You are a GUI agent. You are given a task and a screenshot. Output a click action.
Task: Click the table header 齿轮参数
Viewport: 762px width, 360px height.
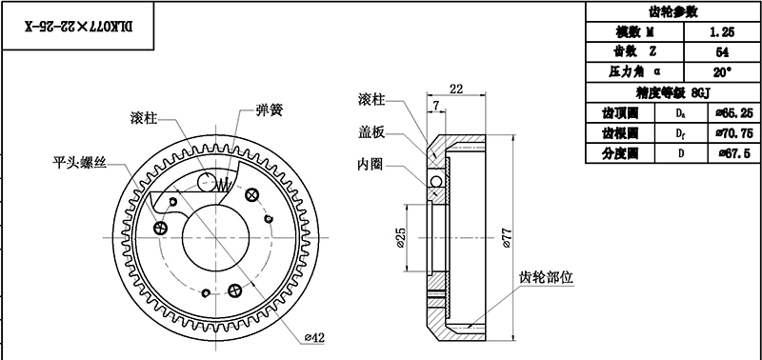point(672,12)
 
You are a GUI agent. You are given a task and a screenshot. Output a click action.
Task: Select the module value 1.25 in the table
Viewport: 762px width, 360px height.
point(721,31)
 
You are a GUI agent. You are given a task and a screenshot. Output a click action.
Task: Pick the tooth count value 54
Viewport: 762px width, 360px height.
point(721,51)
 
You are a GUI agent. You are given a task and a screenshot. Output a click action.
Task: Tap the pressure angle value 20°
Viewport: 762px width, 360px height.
point(721,71)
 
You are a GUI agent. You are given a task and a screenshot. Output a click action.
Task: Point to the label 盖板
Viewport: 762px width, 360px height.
point(371,131)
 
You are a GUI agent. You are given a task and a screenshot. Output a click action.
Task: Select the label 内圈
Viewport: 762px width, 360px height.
point(371,163)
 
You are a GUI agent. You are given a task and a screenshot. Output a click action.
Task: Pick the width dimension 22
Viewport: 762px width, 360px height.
point(455,89)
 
